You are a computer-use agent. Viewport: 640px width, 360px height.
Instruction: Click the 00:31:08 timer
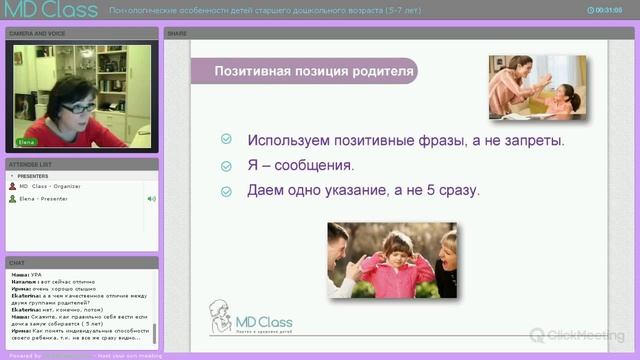(x=609, y=10)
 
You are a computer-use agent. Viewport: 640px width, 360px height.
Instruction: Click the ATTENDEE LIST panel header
(x=31, y=163)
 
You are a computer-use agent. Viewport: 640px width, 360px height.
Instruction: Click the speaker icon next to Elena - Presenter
(x=152, y=199)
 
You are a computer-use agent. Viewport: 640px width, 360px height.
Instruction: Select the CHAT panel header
(x=17, y=264)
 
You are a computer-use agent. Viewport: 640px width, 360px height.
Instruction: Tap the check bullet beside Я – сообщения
(x=227, y=165)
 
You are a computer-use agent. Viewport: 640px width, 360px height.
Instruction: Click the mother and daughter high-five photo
(x=536, y=87)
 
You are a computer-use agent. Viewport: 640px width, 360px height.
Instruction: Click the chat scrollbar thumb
(x=154, y=332)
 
